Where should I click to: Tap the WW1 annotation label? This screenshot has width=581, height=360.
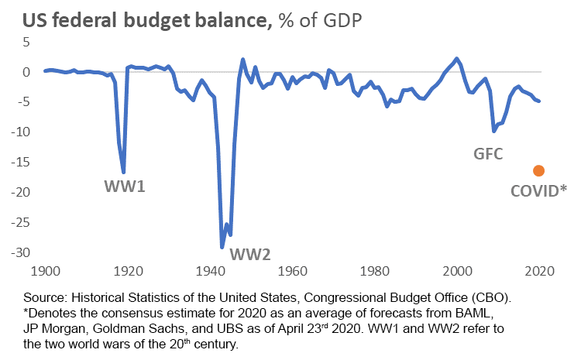(x=125, y=187)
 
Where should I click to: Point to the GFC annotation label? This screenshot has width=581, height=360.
(x=488, y=153)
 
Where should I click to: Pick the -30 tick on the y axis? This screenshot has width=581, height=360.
(x=18, y=252)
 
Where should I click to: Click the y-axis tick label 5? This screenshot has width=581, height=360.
(x=25, y=42)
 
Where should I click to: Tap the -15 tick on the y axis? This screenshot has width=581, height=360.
(x=18, y=162)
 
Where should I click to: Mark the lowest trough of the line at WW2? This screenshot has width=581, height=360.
(x=222, y=248)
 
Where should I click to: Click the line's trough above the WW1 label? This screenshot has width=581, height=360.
(x=124, y=172)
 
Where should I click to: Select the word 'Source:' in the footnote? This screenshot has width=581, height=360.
(x=46, y=297)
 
